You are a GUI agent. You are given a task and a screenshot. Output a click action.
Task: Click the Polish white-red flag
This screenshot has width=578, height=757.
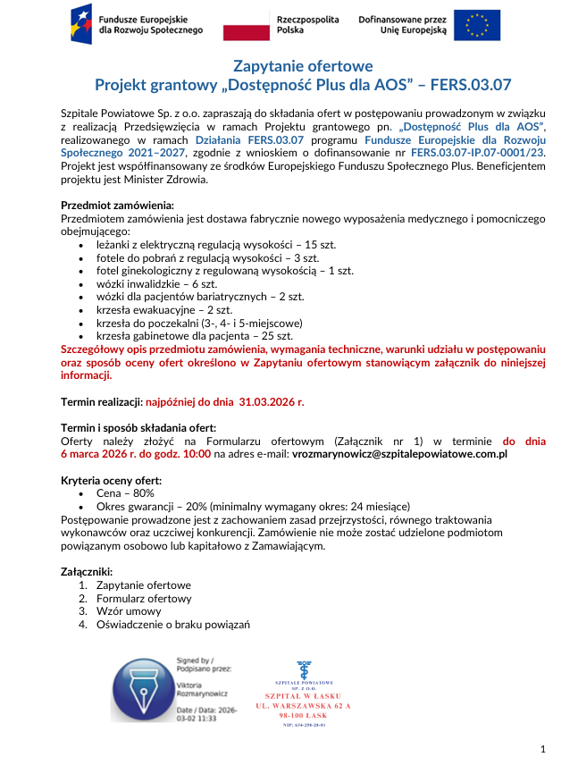[x=246, y=25]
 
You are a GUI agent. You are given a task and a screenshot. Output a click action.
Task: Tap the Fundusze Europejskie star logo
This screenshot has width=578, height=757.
[x=82, y=24]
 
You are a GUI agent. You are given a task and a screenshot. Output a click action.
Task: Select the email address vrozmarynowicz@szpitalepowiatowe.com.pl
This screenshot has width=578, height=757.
[x=399, y=454]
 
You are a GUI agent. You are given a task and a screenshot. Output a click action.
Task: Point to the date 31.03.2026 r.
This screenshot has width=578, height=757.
[x=265, y=402]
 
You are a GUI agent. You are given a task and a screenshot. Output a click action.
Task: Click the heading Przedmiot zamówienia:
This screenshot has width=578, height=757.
[x=116, y=206]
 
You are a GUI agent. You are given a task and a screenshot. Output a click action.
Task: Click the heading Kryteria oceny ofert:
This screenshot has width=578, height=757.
[x=111, y=480]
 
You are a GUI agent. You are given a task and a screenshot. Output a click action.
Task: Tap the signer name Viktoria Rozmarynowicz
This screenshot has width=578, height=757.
[x=203, y=687]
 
